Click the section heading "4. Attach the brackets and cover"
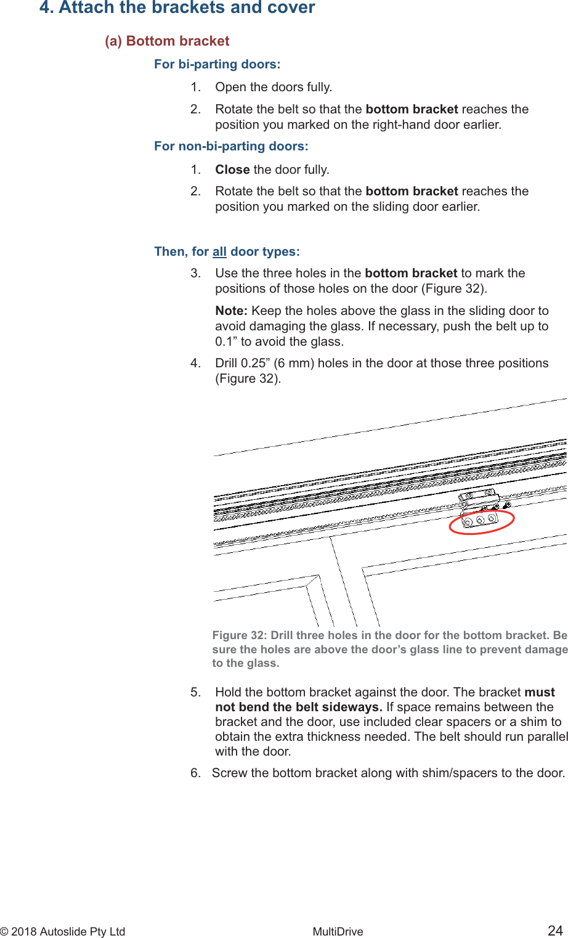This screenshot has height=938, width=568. [x=177, y=8]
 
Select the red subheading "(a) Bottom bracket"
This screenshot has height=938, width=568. [x=167, y=41]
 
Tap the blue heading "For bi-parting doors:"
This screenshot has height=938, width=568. [x=217, y=64]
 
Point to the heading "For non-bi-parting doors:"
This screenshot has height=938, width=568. [x=231, y=146]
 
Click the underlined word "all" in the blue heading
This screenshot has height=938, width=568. [x=219, y=251]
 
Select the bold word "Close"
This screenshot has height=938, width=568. [x=232, y=169]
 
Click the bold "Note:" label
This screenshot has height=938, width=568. [x=231, y=311]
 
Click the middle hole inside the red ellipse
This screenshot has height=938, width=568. [x=480, y=521]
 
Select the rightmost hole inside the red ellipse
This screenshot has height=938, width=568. [x=492, y=518]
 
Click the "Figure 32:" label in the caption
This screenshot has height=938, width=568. [x=240, y=635]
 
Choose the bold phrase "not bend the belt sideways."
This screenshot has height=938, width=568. [x=299, y=707]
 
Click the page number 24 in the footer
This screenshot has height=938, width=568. [x=555, y=931]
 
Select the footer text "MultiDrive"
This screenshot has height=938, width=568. [x=338, y=931]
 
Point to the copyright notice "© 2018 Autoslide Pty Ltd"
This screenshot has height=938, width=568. [x=63, y=931]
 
